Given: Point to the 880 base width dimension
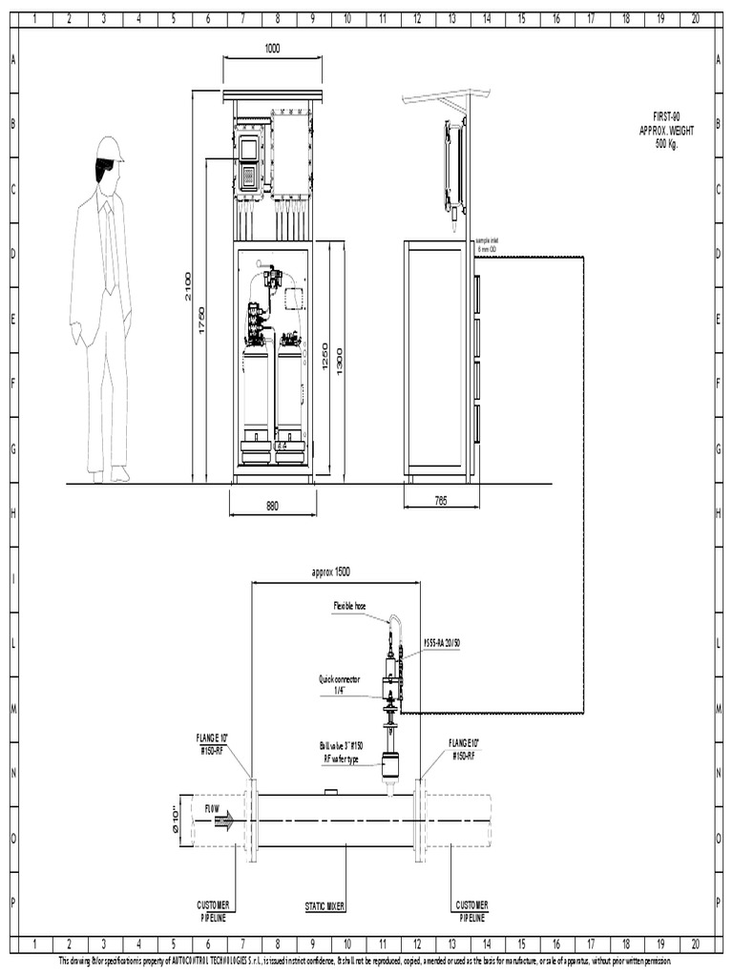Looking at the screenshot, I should [x=272, y=508].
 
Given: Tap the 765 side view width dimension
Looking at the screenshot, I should [x=440, y=500].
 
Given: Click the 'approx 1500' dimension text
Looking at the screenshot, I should [x=331, y=572].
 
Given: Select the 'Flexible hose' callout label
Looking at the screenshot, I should [x=349, y=605].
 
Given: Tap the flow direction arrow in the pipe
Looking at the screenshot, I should [x=222, y=821].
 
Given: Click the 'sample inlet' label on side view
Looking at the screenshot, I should [x=487, y=245].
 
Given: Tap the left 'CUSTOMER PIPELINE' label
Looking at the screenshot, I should [x=212, y=910].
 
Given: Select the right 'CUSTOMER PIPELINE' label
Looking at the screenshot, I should [x=471, y=910].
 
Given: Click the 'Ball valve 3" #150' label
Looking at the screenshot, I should [x=342, y=750].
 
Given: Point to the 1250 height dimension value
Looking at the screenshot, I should [x=325, y=358].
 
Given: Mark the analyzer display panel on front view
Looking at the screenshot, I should [x=249, y=162].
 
